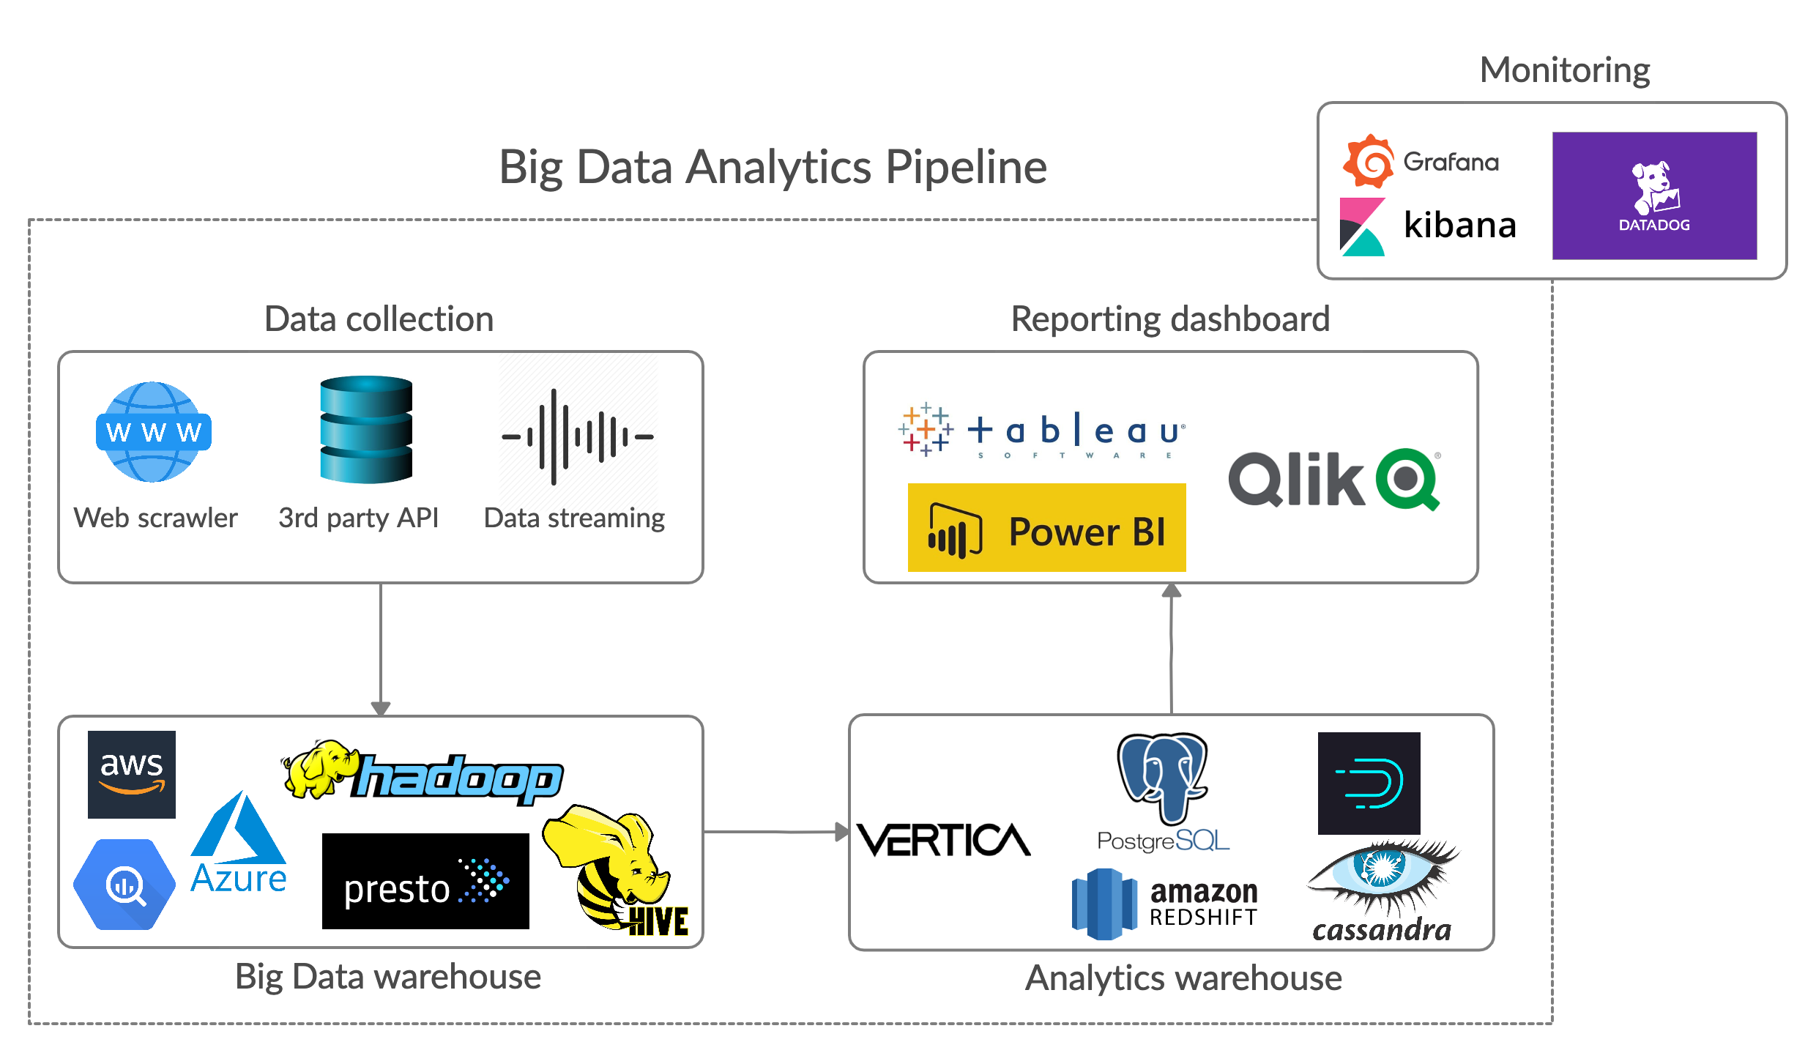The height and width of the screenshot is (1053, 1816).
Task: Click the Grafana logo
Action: point(1421,161)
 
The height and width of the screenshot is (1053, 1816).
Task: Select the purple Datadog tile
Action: point(1654,196)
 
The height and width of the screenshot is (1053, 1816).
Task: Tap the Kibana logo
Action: point(1427,226)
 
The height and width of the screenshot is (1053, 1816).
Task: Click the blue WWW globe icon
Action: point(154,432)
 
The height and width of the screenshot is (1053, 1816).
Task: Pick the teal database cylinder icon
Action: point(366,430)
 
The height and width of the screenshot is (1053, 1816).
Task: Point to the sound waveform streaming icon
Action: point(578,436)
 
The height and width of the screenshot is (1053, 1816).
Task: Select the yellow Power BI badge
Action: point(1046,527)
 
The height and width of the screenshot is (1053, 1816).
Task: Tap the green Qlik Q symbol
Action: point(1408,479)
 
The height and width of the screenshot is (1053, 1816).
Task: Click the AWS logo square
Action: point(132,774)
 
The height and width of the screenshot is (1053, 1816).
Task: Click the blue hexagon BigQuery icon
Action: point(124,885)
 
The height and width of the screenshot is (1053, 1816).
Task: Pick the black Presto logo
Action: point(425,881)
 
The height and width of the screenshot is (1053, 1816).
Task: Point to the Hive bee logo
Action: point(615,871)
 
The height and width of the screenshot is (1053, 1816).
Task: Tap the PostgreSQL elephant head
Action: point(1162,778)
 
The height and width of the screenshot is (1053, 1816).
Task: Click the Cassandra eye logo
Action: point(1383,890)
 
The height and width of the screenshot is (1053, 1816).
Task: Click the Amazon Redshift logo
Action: point(1164,904)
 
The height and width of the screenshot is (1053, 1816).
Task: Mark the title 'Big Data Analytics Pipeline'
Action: point(773,167)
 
